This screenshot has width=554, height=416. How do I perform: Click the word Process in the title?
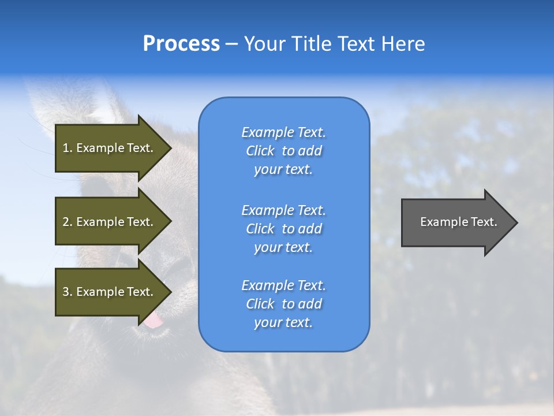click(x=181, y=44)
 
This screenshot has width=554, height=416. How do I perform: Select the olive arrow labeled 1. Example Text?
click(x=110, y=148)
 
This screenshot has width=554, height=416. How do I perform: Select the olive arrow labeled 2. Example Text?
click(x=110, y=222)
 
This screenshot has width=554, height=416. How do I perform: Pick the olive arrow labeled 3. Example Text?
click(x=110, y=292)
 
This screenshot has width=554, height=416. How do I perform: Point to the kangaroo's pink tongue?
click(x=154, y=321)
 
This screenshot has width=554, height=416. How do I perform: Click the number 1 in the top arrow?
click(x=66, y=148)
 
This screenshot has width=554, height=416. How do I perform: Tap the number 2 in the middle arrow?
click(x=66, y=222)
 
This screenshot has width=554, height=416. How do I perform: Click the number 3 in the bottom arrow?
click(x=66, y=292)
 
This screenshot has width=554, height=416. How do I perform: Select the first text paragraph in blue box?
click(x=283, y=151)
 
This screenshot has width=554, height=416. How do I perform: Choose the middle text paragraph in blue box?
click(x=283, y=229)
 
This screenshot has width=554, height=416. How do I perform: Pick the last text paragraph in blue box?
click(x=283, y=304)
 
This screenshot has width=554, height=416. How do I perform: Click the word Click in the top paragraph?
click(x=260, y=151)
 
